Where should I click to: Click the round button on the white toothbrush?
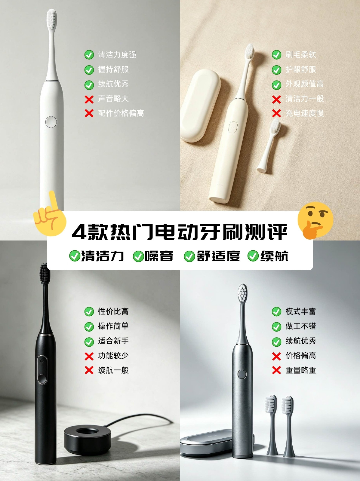(51, 122)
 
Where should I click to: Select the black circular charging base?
(88, 432)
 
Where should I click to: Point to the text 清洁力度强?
(117, 55)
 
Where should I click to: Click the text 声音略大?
(113, 99)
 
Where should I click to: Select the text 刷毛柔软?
(300, 55)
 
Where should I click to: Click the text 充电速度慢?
(305, 113)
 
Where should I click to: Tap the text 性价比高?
(113, 311)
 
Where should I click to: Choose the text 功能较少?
(113, 355)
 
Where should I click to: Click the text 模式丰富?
(300, 311)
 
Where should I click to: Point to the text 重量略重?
(300, 370)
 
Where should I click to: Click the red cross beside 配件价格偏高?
(89, 113)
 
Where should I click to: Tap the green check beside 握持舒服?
(89, 70)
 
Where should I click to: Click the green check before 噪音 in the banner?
(138, 256)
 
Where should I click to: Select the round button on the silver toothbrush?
(242, 374)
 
